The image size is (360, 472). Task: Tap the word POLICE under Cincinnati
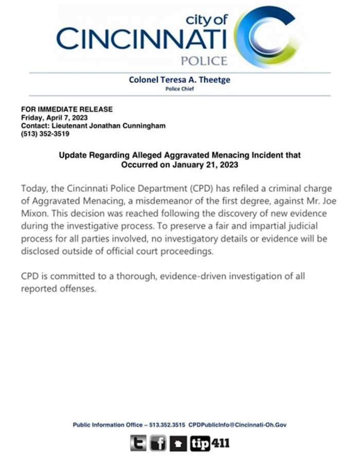[x=204, y=61]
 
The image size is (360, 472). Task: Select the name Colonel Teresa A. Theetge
[x=179, y=80]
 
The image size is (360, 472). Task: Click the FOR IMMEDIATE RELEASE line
[x=67, y=109]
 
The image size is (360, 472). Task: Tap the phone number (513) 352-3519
[x=45, y=134]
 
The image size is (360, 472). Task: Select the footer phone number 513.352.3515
[x=167, y=425]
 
